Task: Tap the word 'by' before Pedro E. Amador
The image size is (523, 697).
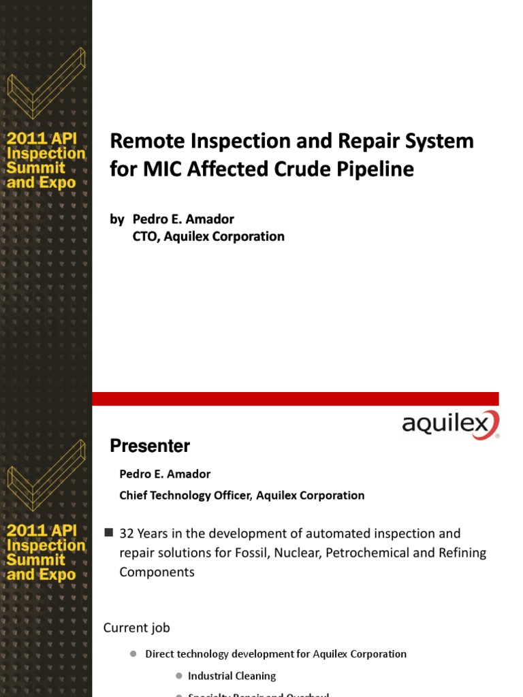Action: point(117,218)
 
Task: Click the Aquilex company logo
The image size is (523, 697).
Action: point(449,425)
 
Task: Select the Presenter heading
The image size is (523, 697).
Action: point(150,447)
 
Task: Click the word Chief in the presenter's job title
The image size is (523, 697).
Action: point(135,496)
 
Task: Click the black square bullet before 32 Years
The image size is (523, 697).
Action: point(108,532)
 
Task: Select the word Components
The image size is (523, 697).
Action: point(157,572)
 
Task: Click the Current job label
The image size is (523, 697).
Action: point(136,628)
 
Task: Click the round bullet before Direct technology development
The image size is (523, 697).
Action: point(133,654)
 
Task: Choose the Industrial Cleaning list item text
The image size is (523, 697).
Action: point(232,676)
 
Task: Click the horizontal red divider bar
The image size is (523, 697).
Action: point(295,398)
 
